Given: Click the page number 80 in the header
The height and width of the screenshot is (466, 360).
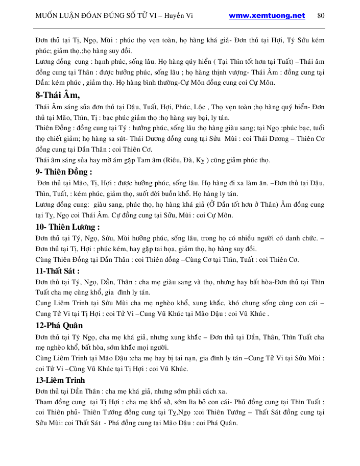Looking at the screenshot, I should (x=321, y=15).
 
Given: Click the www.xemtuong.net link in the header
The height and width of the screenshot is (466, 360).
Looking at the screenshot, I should (x=267, y=15).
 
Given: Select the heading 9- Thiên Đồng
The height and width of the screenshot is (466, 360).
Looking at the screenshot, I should (x=64, y=171).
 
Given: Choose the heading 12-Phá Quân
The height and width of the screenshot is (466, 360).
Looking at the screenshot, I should (x=60, y=326).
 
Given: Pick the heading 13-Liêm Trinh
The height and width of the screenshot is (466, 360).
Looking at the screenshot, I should (x=61, y=380).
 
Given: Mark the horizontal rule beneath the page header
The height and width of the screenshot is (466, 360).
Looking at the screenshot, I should (x=180, y=29).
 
